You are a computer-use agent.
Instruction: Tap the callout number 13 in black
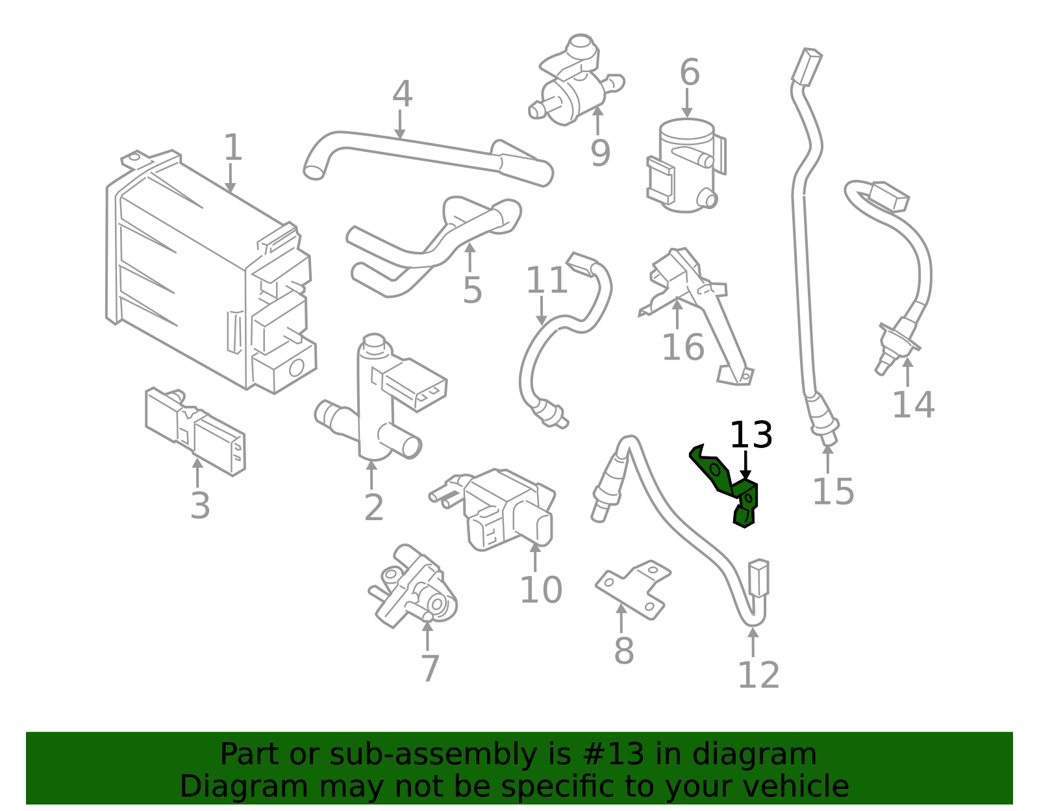point(751,435)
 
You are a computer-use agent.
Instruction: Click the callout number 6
point(690,73)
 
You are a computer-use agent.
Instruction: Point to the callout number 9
point(600,153)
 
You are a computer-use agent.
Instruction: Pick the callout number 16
point(682,347)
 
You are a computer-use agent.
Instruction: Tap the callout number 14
point(913,405)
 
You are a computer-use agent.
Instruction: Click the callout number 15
point(833,491)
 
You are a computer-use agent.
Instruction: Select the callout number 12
point(758,675)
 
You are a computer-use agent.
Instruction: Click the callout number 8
point(623,651)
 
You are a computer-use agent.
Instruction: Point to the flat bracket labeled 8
point(633,588)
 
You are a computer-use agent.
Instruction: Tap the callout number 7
point(430,668)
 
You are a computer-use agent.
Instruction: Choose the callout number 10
point(540,590)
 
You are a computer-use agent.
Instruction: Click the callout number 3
point(200,506)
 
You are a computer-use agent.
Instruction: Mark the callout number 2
point(373,507)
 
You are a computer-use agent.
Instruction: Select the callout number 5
point(472,290)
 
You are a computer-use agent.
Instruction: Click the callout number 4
point(402,95)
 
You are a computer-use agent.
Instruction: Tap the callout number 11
point(547,281)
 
